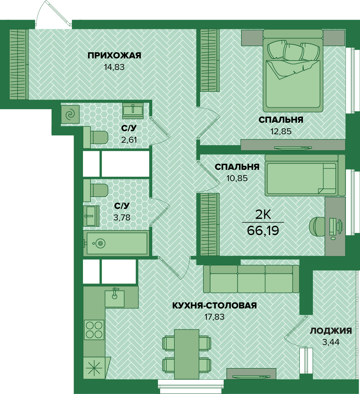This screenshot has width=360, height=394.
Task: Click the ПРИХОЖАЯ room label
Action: [114, 56]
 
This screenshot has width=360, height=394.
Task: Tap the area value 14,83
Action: [114, 67]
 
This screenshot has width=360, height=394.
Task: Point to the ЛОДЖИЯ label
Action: [331, 331]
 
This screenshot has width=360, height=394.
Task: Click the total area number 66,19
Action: [263, 231]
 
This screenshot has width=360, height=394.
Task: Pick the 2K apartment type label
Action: [263, 215]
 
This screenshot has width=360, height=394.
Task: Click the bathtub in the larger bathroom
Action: [116, 244]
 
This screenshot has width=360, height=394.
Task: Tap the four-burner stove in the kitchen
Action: [94, 330]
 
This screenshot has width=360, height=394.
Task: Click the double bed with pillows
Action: [293, 71]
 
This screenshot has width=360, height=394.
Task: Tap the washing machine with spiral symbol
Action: [70, 114]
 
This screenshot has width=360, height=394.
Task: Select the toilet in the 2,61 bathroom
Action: [95, 137]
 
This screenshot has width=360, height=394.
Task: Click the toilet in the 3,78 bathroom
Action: [95, 190]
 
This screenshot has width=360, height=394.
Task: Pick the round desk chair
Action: [317, 226]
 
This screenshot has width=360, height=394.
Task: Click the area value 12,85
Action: [281, 131]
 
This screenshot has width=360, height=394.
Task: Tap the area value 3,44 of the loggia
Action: [331, 342]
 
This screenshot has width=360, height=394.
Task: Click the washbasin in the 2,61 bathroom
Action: [133, 111]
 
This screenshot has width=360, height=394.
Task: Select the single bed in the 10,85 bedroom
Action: [305, 175]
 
